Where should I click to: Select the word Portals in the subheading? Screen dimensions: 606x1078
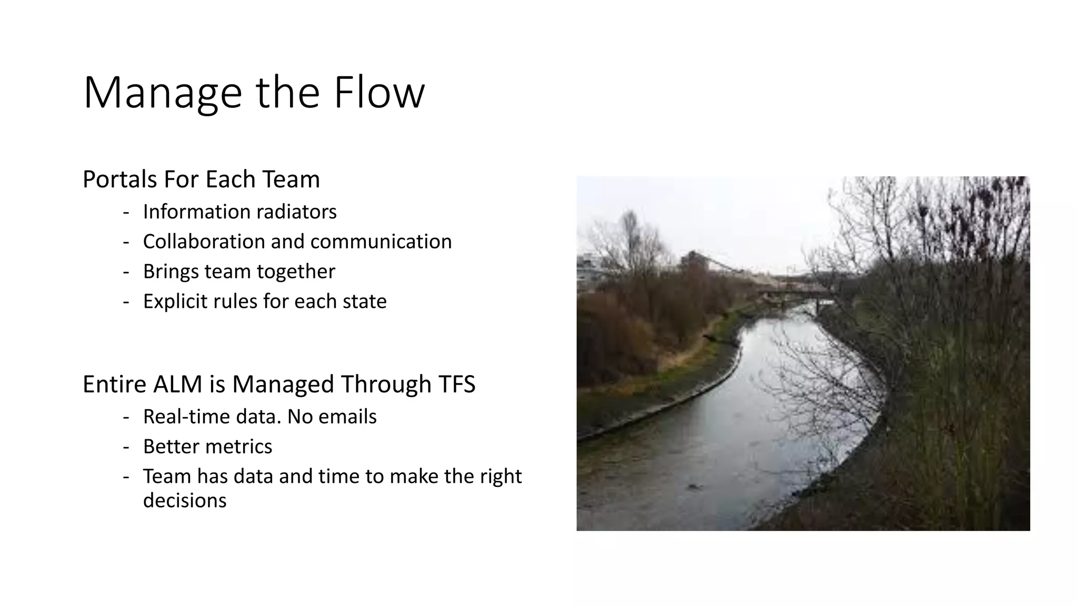[119, 179]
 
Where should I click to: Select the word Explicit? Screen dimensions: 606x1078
[175, 301]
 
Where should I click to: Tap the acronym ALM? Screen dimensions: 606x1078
[177, 384]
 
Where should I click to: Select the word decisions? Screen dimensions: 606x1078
[185, 500]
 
